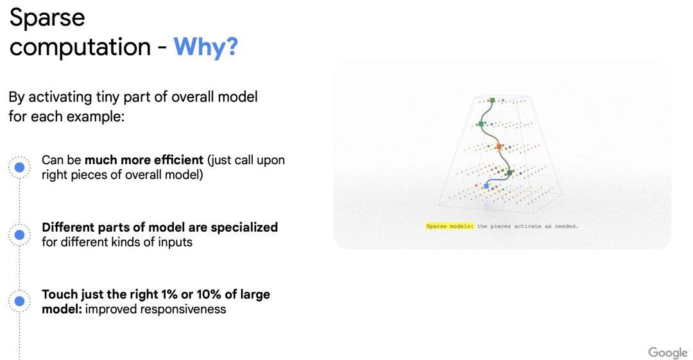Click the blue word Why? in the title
click(205, 47)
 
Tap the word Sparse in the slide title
click(47, 19)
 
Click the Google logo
click(668, 352)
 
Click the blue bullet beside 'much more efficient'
click(19, 167)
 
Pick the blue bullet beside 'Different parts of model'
click(19, 234)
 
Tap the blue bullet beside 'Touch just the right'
click(19, 301)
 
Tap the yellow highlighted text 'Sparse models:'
click(449, 226)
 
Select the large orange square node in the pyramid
click(499, 146)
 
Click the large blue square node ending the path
click(486, 186)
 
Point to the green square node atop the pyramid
click(492, 100)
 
